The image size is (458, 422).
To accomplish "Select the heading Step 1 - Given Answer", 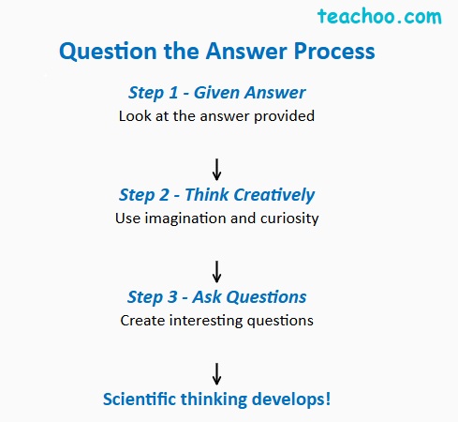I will (x=217, y=93).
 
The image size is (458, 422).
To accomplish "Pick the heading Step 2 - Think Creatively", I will (x=217, y=195).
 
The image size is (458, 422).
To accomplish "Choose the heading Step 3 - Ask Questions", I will (x=217, y=297).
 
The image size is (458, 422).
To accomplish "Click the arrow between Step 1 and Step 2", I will (x=217, y=169).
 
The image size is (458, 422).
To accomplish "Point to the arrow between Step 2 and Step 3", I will (x=217, y=271).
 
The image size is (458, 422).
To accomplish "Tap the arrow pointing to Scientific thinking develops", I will (x=217, y=372).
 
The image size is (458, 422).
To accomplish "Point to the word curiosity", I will (x=288, y=219).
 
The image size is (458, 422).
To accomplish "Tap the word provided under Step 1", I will (x=287, y=117).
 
